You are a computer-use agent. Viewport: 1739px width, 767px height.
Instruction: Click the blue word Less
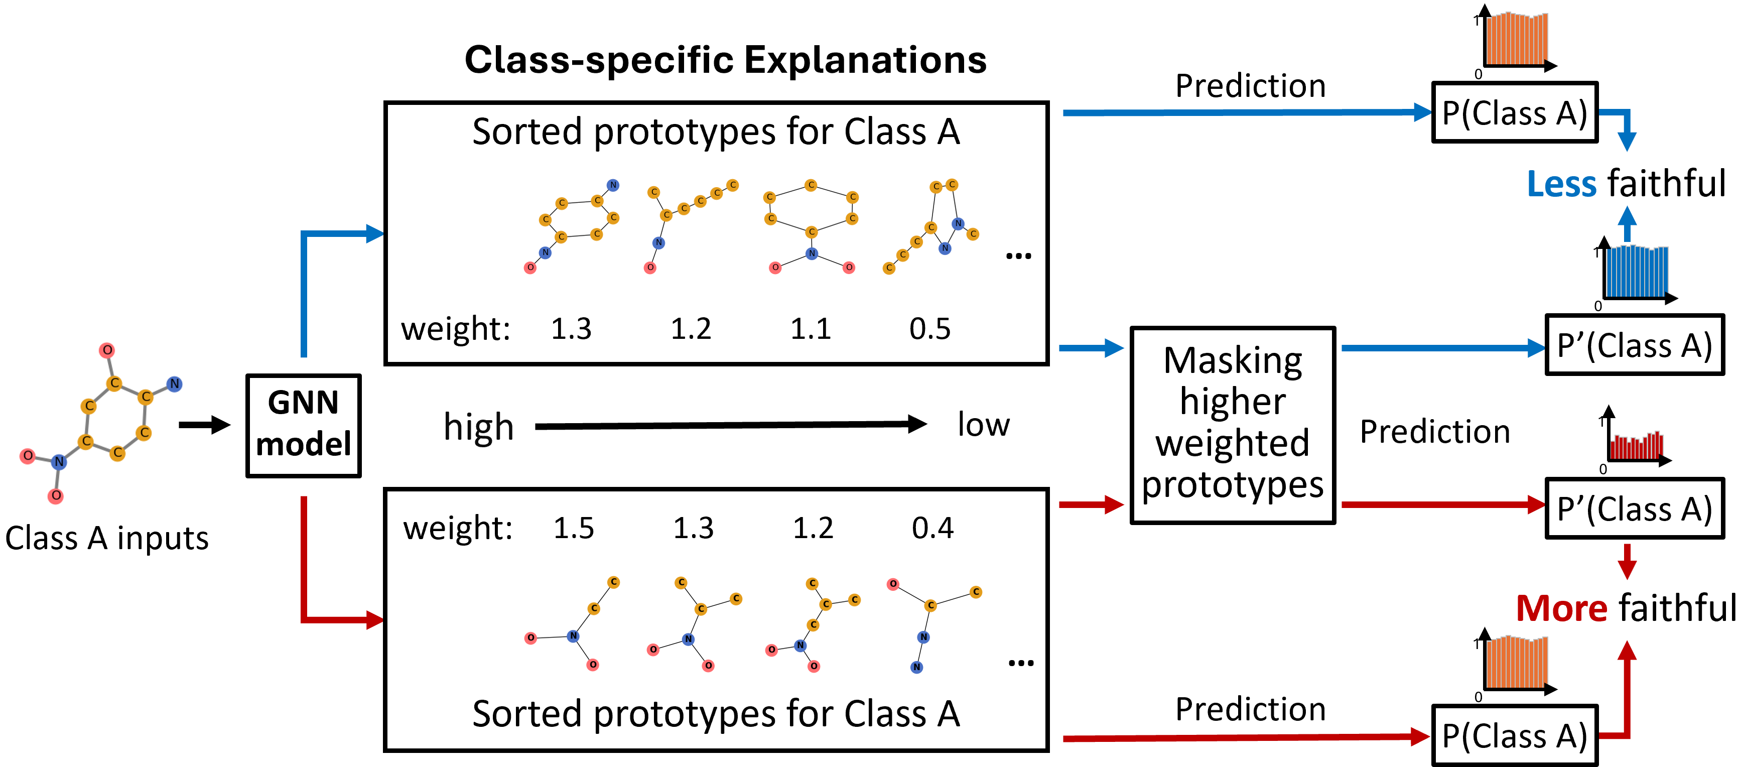pos(1561,184)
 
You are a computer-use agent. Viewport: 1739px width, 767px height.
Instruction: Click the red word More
pos(1561,608)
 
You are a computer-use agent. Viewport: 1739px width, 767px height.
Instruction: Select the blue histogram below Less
pos(1637,272)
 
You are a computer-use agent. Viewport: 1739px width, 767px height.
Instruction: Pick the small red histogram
pos(1637,446)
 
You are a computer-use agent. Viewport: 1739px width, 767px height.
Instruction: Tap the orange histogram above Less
pos(1516,39)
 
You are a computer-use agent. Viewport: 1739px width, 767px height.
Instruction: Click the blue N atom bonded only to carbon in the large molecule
pos(174,384)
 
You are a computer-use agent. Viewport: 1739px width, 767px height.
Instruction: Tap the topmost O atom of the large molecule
pos(107,350)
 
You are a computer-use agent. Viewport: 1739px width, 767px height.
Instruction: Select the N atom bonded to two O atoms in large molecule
pos(59,462)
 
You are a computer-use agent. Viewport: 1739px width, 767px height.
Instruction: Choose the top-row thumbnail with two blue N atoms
pos(930,227)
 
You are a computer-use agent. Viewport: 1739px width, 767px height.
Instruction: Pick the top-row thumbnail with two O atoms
pos(810,227)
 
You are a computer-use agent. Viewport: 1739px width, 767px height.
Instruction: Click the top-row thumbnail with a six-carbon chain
pos(691,227)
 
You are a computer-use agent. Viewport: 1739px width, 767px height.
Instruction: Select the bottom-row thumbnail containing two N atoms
pos(933,626)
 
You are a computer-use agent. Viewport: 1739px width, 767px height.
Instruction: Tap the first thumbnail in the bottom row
pos(572,624)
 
